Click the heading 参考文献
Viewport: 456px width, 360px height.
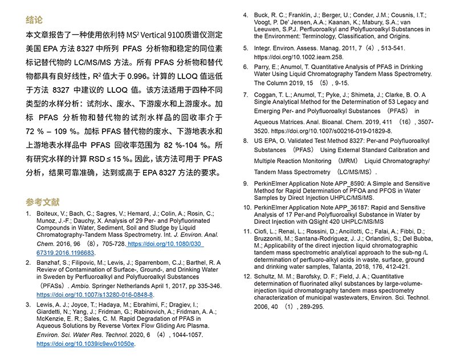click(42, 202)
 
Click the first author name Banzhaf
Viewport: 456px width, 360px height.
click(51, 262)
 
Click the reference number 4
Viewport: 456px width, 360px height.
click(245, 14)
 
